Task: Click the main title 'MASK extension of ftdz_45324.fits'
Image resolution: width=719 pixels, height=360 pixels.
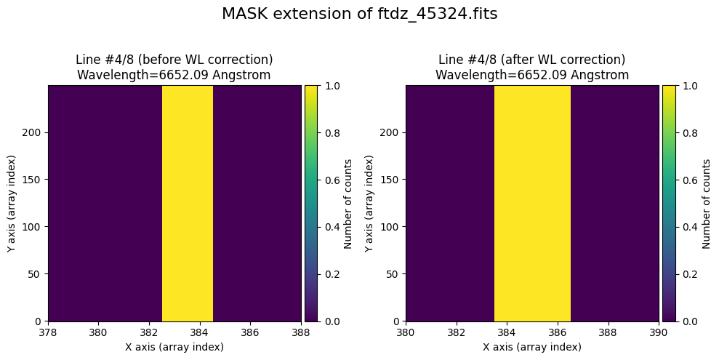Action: coord(359,14)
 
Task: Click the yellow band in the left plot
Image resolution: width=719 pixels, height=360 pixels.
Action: coord(187,203)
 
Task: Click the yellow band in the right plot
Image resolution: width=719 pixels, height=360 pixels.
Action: coord(532,203)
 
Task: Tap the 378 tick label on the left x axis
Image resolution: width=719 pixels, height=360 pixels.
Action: coord(48,332)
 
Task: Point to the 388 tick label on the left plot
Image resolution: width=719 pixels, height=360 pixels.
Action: coord(301,332)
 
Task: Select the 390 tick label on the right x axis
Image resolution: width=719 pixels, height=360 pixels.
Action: coord(659,332)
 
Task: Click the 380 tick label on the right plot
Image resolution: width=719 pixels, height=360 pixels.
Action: coord(406,332)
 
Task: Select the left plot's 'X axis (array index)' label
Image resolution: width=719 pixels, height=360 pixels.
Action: coord(174,347)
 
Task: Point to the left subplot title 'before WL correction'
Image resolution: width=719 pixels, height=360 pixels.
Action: coord(174,60)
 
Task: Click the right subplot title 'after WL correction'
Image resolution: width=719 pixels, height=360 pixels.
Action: coord(532,60)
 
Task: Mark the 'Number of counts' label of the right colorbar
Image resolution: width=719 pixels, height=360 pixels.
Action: coord(705,203)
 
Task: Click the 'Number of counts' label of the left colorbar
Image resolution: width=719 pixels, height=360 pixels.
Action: coord(348,203)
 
